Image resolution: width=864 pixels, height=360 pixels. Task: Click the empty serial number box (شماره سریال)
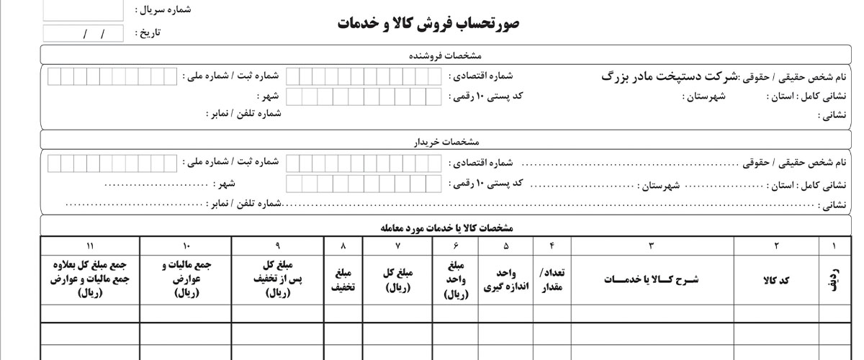click(x=83, y=10)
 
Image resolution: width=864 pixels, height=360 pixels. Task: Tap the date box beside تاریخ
click(x=83, y=33)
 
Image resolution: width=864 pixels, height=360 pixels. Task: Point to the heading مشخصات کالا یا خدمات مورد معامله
click(x=447, y=228)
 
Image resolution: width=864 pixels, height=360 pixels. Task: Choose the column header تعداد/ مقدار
click(x=552, y=280)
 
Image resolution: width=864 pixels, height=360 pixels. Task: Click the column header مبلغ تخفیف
click(x=342, y=280)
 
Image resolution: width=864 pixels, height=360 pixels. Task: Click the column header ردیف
click(x=834, y=280)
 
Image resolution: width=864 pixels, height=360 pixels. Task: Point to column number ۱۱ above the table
click(x=89, y=246)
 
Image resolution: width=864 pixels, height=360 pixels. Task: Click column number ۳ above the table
click(x=652, y=246)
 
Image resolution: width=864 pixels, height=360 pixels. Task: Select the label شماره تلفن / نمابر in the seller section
click(x=245, y=114)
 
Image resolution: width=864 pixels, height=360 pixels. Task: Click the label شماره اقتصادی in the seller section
click(x=482, y=76)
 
